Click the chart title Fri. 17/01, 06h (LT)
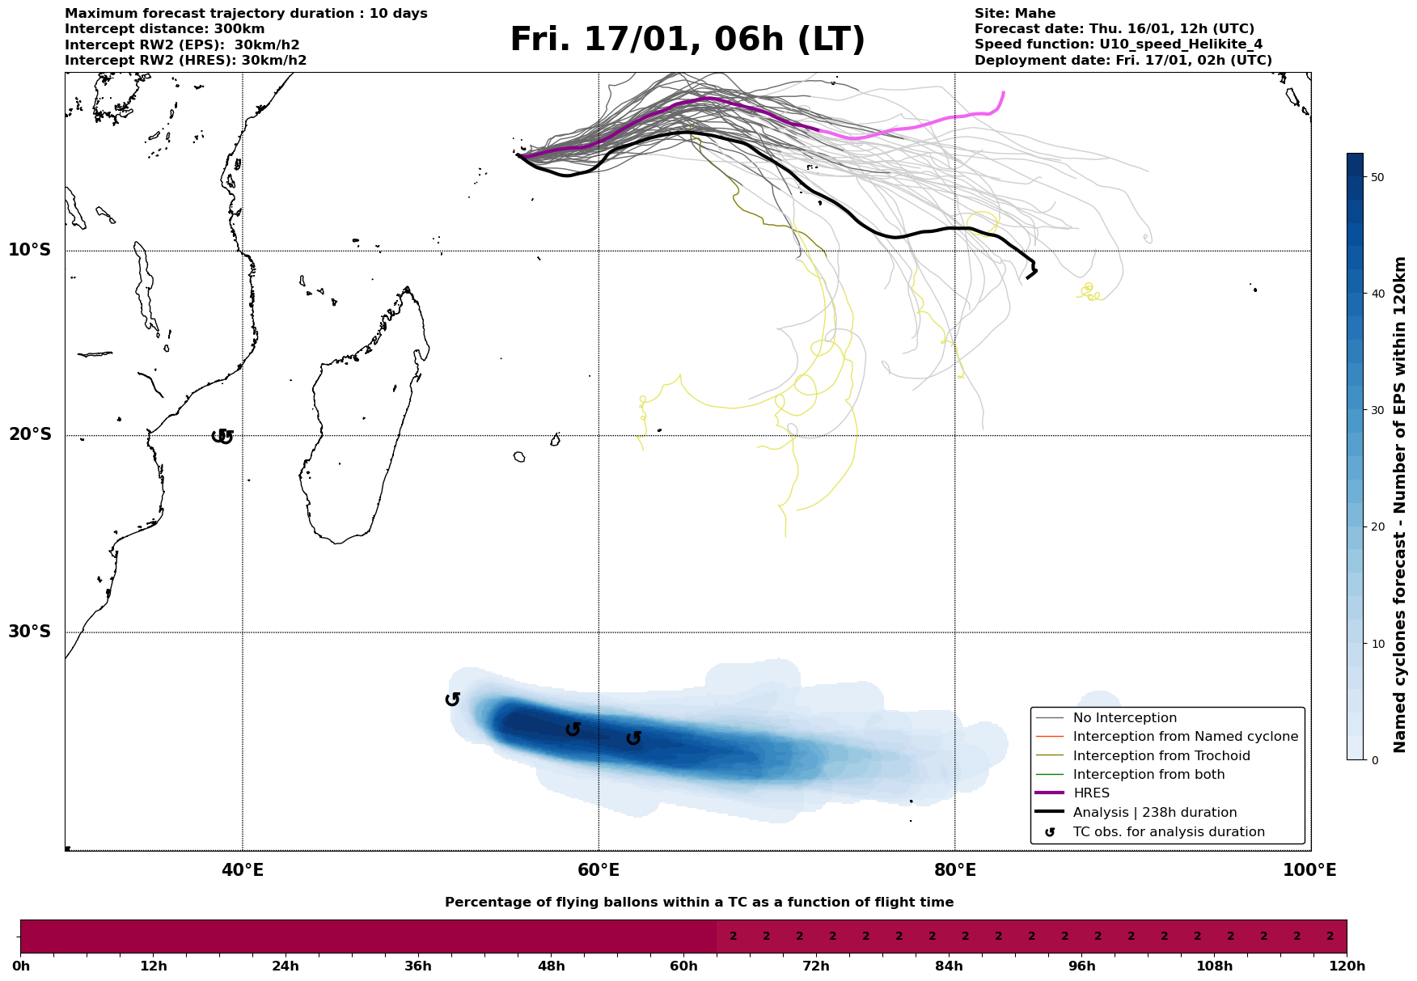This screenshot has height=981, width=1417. [687, 40]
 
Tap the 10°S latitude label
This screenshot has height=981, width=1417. [30, 250]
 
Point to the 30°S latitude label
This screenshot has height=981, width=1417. [30, 632]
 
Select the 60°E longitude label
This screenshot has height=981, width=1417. [599, 871]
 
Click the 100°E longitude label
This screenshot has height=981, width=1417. [1309, 871]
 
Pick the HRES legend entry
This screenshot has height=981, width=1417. [1091, 793]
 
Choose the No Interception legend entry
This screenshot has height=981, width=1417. [1124, 718]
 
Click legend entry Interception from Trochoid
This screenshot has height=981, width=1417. [1161, 756]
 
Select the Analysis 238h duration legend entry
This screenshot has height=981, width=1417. [1154, 813]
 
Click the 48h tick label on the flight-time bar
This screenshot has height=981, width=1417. [551, 966]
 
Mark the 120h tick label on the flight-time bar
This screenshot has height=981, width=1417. [1347, 966]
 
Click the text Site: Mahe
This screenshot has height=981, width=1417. [1014, 14]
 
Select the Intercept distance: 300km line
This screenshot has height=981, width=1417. [164, 29]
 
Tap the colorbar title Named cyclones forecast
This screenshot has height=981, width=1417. [1401, 505]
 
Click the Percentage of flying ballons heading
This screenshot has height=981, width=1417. [699, 903]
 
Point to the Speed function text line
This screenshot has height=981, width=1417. [1118, 44]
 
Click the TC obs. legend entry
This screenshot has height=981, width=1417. [1168, 832]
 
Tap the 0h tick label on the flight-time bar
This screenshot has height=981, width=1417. [21, 966]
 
